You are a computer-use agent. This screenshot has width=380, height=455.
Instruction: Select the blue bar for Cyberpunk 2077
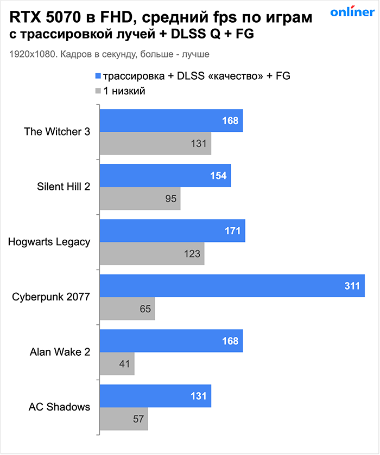point(232,285)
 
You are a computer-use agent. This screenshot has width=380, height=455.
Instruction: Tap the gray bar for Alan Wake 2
point(117,364)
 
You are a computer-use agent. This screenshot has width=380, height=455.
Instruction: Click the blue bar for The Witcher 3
point(171,120)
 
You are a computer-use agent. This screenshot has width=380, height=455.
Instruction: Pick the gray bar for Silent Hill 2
point(140,199)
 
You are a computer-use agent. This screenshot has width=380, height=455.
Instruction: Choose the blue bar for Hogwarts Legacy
point(172,230)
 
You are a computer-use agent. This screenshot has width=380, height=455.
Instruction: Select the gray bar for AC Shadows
point(124,419)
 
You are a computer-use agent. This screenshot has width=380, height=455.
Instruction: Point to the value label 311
point(352,285)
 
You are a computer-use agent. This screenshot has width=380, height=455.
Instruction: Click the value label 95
point(171,199)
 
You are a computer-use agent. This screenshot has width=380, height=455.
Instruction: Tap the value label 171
point(232,230)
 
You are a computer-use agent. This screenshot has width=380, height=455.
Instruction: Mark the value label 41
point(125,364)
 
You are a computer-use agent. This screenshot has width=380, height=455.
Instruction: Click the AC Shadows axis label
point(60,407)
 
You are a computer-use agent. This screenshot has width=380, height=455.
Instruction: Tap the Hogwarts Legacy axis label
point(49,242)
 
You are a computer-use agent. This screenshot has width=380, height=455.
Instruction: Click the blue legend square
point(98,76)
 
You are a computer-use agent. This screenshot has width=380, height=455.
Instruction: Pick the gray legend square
point(98,91)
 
